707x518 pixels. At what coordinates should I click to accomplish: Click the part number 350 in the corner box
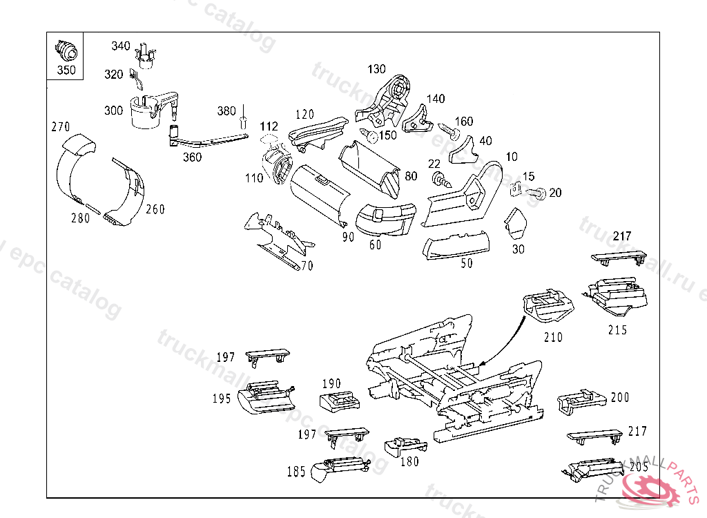(66, 70)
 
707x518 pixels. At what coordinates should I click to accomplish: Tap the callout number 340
(121, 46)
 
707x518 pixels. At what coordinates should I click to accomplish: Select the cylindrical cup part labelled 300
(148, 112)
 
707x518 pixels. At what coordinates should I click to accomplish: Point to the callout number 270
(61, 127)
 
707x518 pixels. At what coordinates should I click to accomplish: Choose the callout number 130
(376, 69)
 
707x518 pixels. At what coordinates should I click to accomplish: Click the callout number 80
(411, 176)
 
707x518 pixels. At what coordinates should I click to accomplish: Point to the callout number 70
(307, 265)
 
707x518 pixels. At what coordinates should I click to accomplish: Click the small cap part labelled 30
(515, 223)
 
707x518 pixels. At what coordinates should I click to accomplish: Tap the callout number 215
(617, 330)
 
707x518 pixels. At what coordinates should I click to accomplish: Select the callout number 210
(553, 337)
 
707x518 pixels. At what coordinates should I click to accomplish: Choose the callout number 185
(296, 472)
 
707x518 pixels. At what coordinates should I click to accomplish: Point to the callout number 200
(620, 398)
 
